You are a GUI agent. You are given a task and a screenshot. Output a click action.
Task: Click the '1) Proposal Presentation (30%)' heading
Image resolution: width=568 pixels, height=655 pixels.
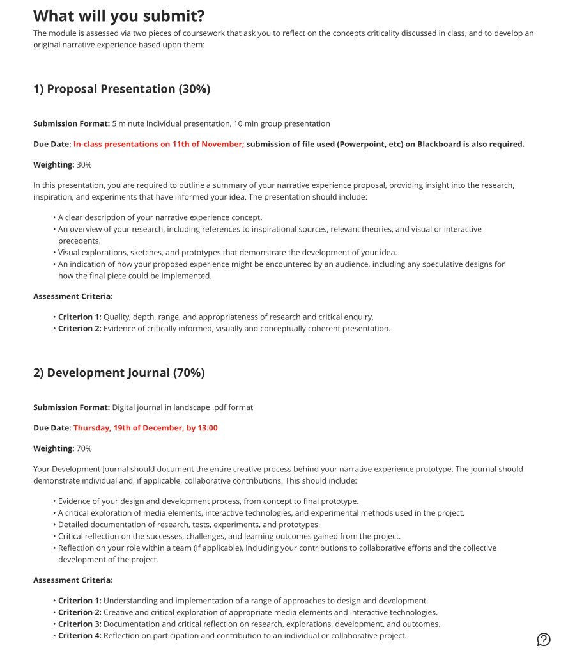point(121,89)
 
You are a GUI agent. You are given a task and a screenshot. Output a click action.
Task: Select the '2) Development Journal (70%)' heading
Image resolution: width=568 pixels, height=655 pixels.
point(119,372)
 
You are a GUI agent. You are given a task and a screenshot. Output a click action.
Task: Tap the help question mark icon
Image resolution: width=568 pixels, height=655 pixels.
point(544,639)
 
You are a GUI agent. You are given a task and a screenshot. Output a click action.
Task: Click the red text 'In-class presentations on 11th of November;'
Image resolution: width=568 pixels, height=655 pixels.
point(158,144)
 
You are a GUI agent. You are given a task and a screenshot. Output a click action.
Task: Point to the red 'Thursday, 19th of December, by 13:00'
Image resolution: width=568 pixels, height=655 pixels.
point(145,428)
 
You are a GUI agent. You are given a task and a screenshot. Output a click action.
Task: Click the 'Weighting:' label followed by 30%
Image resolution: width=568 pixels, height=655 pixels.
point(54,164)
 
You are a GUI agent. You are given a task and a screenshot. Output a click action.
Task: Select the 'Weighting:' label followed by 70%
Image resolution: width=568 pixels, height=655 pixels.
point(54,448)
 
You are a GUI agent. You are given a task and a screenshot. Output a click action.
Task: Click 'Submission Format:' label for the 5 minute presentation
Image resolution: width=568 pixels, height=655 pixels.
point(72,123)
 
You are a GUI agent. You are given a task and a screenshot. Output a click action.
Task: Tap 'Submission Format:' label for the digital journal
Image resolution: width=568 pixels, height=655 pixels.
point(72,407)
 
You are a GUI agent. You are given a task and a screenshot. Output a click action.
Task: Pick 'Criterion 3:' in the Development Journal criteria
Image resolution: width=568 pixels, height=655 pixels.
point(80,624)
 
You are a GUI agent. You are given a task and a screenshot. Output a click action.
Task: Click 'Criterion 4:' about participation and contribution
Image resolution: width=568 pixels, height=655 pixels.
point(80,635)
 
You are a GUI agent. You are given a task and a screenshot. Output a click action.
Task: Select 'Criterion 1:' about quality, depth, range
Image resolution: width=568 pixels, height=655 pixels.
point(80,317)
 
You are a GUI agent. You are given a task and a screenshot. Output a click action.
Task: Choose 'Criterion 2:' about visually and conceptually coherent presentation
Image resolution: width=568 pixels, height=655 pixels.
point(80,328)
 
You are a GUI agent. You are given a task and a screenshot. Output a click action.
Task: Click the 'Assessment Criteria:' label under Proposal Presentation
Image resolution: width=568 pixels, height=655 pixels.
point(73,296)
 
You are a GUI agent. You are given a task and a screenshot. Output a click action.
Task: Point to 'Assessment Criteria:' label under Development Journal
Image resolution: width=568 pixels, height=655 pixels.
point(73,580)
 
